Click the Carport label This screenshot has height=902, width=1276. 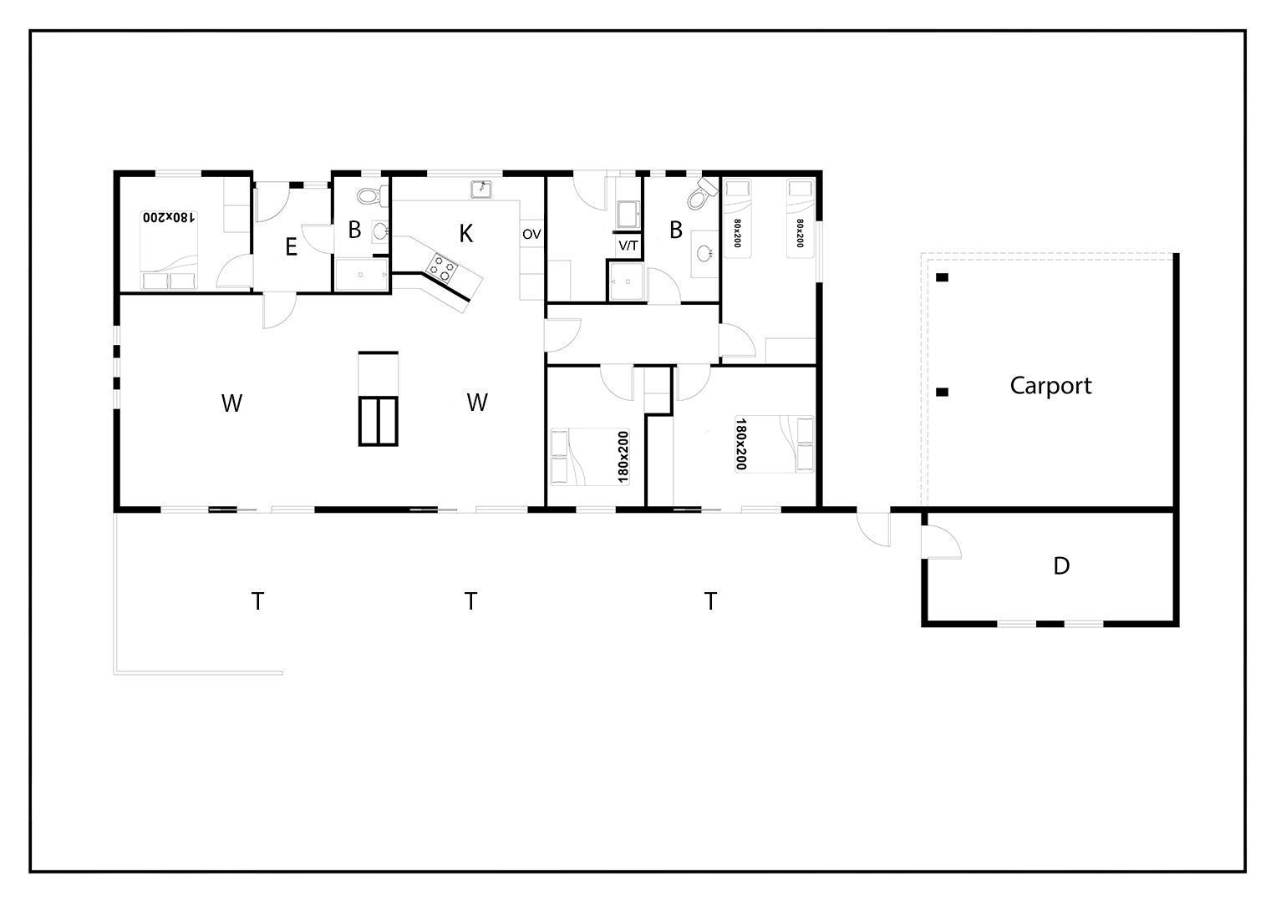tap(1050, 386)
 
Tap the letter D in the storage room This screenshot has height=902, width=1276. tap(1061, 566)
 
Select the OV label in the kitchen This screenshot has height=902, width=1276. tap(531, 235)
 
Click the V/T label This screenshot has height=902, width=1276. tap(628, 246)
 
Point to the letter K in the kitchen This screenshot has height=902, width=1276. tap(466, 234)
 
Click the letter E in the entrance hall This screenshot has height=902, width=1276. tap(291, 247)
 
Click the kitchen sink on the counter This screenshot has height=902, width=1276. tap(481, 189)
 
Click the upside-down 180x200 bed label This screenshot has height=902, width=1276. tap(169, 217)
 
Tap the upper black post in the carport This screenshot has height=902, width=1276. tap(943, 277)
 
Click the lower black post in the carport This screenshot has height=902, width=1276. tap(943, 392)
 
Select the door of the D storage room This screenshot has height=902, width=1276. tap(941, 541)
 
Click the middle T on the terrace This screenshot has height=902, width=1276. tap(470, 600)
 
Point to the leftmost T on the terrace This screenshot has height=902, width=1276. tap(257, 600)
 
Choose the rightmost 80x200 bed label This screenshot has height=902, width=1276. tap(800, 233)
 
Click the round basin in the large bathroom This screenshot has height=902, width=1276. tap(704, 252)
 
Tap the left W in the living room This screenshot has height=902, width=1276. tap(231, 403)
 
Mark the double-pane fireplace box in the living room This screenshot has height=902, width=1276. tap(378, 422)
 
